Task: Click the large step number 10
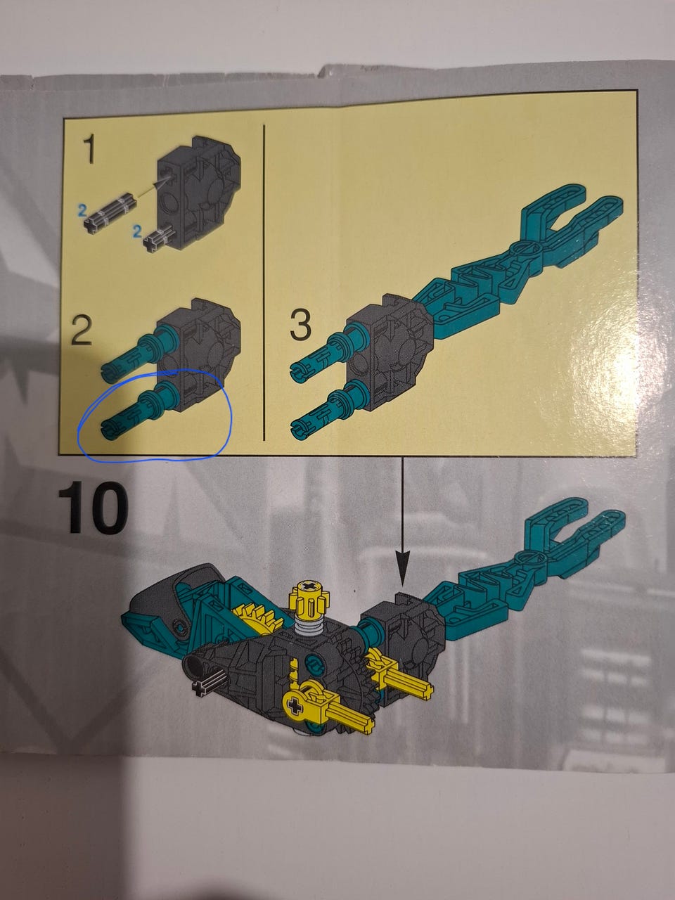(93, 508)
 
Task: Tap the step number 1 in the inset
(89, 150)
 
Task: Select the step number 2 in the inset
(81, 330)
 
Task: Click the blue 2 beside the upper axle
(82, 211)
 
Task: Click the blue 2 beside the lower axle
(137, 231)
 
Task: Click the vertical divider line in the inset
(264, 283)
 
